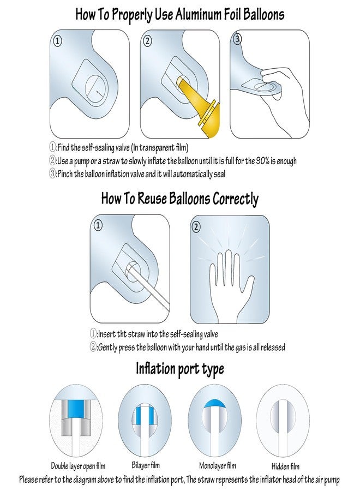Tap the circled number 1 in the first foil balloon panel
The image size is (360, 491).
coord(58,41)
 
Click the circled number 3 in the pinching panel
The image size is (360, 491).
coord(238,39)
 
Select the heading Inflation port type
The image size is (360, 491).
coord(179,369)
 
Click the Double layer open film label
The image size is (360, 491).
coord(78,466)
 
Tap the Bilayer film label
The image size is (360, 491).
coord(146,465)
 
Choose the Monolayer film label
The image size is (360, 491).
coord(218,466)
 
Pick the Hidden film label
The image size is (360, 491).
coord(285,466)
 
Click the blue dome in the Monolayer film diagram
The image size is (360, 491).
coord(215,403)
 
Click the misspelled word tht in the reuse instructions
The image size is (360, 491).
coord(122,334)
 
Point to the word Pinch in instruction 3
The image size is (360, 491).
coord(65,174)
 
